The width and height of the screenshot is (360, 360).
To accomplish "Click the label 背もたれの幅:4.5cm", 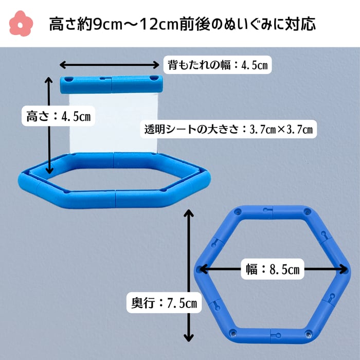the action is [218, 65].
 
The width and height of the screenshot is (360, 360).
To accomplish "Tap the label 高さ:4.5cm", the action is [58, 117].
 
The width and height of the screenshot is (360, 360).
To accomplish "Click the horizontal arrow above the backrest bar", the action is [110, 65].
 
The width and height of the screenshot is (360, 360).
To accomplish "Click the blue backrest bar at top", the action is [111, 82].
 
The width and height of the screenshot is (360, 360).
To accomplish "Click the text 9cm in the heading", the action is [106, 23].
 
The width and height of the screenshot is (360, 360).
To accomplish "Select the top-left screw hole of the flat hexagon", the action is [238, 211].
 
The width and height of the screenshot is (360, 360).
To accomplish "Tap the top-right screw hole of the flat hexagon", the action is [308, 211].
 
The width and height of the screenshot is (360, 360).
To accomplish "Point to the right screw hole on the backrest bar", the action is [153, 78].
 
